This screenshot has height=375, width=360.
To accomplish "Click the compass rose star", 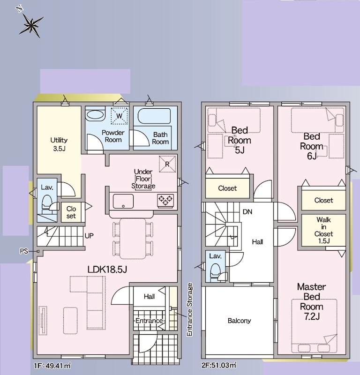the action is click(31, 25).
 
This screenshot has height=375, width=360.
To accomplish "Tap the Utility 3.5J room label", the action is click(59, 144).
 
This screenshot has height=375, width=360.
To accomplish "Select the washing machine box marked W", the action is click(119, 116).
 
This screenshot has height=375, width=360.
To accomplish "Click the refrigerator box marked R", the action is click(167, 164).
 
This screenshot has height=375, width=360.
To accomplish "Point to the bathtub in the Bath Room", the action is click(154, 116).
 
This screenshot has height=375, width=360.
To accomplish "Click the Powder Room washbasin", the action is click(95, 114).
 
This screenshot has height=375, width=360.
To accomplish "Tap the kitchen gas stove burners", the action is click(165, 201).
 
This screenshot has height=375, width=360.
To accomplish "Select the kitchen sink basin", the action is click(123, 202).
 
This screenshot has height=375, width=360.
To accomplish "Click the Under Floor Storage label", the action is click(143, 179).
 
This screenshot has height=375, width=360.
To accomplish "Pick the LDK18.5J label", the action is click(107, 270).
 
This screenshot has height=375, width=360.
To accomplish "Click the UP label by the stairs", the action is click(89, 236).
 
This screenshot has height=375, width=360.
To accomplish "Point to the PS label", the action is click(24, 251).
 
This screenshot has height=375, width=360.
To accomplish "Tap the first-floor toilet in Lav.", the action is click(47, 204).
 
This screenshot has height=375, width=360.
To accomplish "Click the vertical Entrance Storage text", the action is click(189, 310).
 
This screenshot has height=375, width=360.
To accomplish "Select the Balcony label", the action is click(239, 321).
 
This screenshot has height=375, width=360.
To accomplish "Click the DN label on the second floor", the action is click(247, 212).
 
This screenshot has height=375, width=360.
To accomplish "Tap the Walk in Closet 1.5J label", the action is click(323, 230).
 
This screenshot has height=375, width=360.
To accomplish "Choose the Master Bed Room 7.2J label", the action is click(311, 301).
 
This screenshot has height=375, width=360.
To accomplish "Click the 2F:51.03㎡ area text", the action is click(219, 365).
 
